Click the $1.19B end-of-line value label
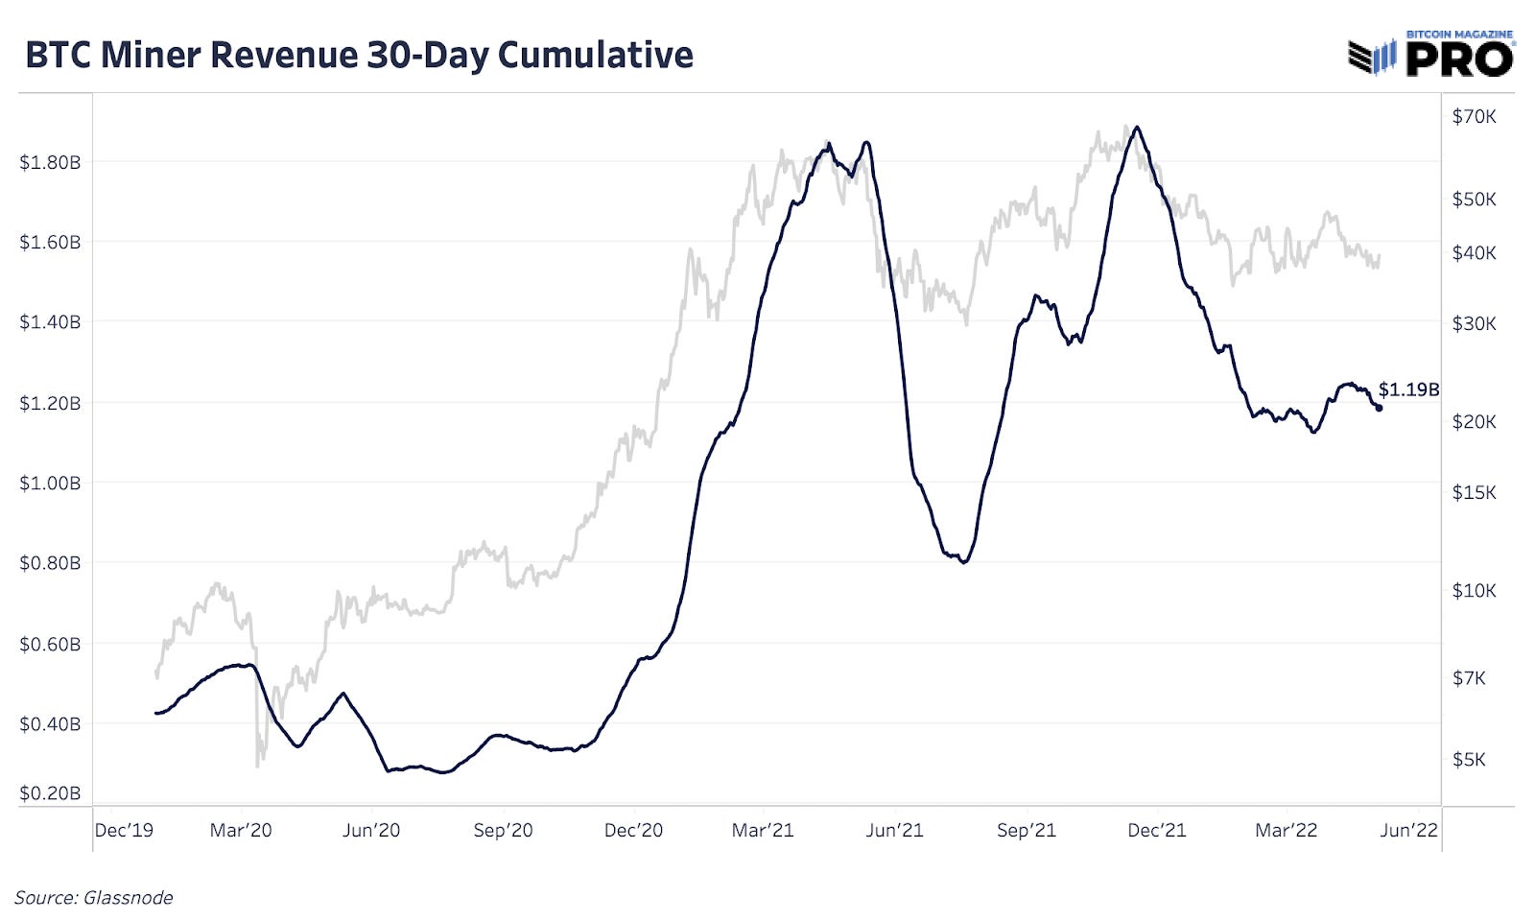point(1408,390)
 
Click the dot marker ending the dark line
point(1379,408)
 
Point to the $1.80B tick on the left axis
point(50,162)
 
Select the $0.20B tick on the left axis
point(50,793)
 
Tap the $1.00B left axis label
point(50,483)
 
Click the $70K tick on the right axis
point(1474,117)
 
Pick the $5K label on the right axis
point(1469,760)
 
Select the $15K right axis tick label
point(1474,492)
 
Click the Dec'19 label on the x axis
point(124,831)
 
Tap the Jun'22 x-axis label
point(1408,831)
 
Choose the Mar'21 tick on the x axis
point(763,831)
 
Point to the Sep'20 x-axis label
point(503,831)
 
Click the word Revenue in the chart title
point(284,55)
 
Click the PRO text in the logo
point(1459,59)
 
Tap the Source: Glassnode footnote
point(94,898)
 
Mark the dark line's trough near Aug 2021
point(963,562)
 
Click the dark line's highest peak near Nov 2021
point(1137,127)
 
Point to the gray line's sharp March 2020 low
point(258,765)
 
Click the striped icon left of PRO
point(1372,58)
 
